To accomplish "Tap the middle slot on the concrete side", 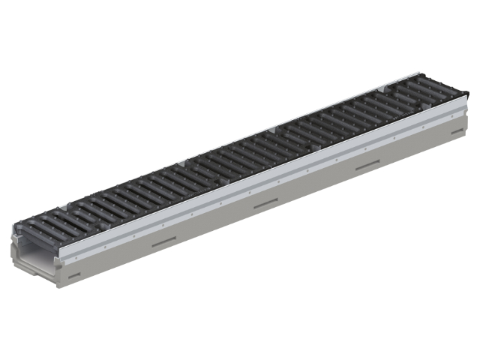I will [x=266, y=203].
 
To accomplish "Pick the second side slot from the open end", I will [x=163, y=242].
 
